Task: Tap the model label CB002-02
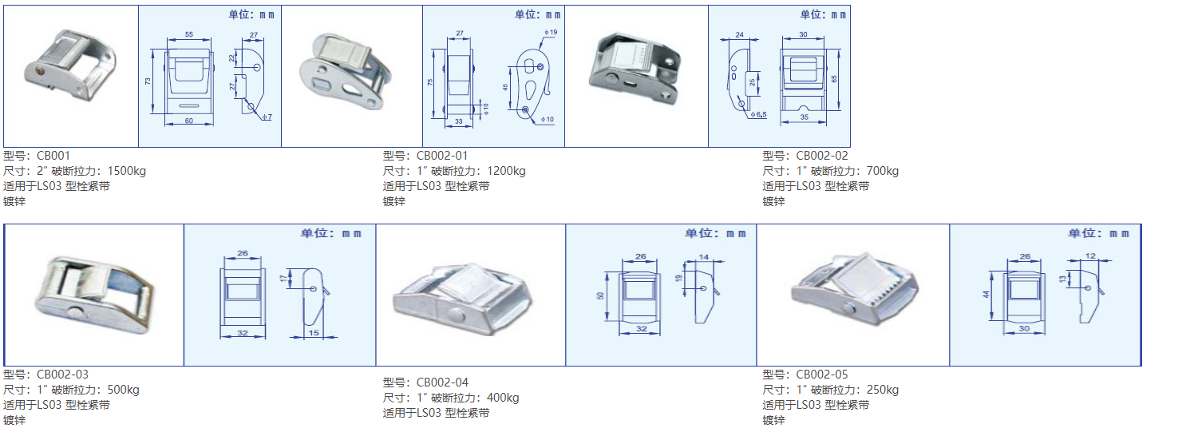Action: [822, 156]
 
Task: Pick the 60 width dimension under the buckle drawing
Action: [189, 121]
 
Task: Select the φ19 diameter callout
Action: [550, 32]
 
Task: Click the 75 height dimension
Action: [431, 82]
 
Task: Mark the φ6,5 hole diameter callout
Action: [757, 115]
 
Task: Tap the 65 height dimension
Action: [833, 78]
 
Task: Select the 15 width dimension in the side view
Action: [312, 332]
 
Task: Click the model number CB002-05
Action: [822, 375]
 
